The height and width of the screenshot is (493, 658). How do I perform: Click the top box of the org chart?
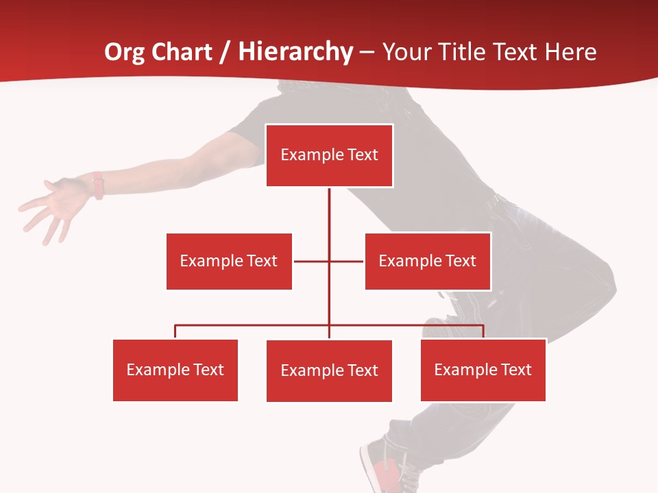point(329,155)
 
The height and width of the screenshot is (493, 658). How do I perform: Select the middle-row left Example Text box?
point(229,261)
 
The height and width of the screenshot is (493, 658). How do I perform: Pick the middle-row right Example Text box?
point(427,261)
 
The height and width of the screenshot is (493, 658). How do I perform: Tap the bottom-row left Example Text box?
point(175,370)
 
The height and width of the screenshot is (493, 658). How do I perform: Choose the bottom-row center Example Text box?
point(329,370)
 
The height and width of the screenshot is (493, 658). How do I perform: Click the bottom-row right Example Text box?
point(483,370)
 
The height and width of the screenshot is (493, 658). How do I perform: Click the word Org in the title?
point(124,52)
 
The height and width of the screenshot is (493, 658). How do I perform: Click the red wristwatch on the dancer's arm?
point(99,185)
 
